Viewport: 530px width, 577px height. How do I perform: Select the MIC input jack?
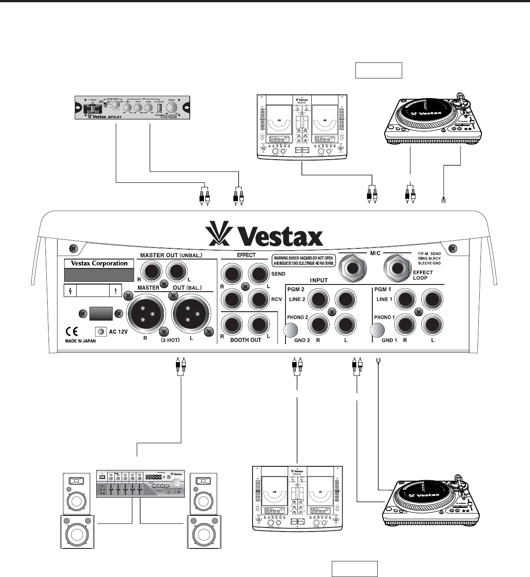pyautogui.click(x=353, y=268)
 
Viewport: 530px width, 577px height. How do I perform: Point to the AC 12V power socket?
pyautogui.click(x=102, y=332)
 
